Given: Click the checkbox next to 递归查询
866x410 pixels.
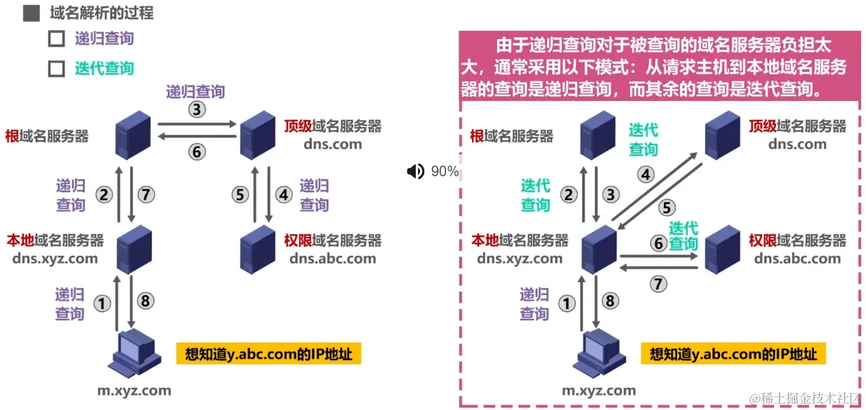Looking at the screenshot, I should pyautogui.click(x=56, y=39).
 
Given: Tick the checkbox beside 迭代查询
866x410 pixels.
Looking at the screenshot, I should pyautogui.click(x=56, y=69).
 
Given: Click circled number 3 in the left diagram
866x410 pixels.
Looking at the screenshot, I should pyautogui.click(x=196, y=110).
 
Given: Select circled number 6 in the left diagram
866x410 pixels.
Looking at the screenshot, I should pyautogui.click(x=196, y=151).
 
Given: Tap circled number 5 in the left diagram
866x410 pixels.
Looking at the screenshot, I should pyautogui.click(x=241, y=194).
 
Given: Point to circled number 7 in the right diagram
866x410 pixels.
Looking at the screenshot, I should pyautogui.click(x=658, y=284).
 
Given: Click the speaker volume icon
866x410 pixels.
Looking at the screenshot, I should pyautogui.click(x=416, y=171).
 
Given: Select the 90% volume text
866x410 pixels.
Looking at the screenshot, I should pyautogui.click(x=445, y=171).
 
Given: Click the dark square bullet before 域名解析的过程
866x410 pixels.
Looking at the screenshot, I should pyautogui.click(x=31, y=13).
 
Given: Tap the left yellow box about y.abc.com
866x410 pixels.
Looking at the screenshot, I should pyautogui.click(x=268, y=353).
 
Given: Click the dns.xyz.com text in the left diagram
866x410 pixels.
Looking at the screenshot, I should pyautogui.click(x=55, y=258).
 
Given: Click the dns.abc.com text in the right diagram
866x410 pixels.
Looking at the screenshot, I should pyautogui.click(x=797, y=258).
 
